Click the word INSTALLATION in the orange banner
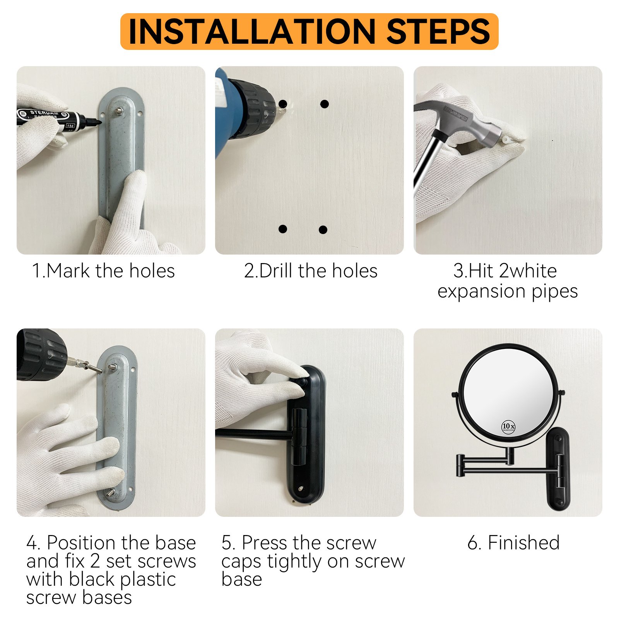252,31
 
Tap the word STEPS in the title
438,31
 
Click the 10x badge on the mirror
508,426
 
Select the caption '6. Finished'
513,542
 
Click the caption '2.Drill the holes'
311,271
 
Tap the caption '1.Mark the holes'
103,271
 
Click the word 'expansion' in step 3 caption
482,292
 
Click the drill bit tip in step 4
101,373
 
